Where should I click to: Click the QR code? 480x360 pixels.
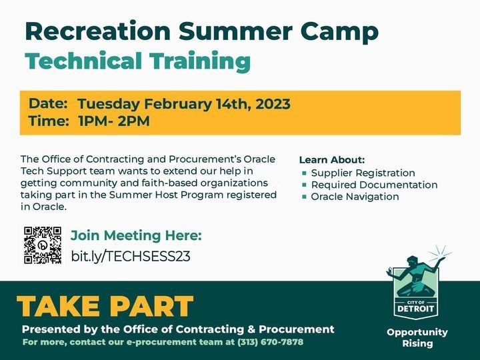(x=43, y=245)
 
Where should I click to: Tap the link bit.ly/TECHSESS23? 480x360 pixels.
(x=131, y=256)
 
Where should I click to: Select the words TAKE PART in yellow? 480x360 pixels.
(x=105, y=306)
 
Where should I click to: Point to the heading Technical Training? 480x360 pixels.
(x=138, y=61)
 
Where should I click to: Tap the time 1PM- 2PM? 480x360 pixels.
(x=113, y=121)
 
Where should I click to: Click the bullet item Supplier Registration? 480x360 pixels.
(x=363, y=173)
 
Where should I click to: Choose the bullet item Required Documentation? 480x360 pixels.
(x=374, y=185)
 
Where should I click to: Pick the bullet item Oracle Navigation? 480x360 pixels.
(x=355, y=197)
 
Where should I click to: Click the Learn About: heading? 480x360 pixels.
(x=332, y=160)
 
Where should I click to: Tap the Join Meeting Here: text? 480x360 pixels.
(x=136, y=235)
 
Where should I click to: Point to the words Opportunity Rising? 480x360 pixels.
(x=417, y=337)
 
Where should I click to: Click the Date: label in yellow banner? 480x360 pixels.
(x=48, y=104)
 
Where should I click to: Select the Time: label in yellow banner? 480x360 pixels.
(x=49, y=121)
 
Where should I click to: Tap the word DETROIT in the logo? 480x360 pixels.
(x=417, y=309)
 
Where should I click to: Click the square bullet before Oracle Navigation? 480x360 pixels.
(x=305, y=197)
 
